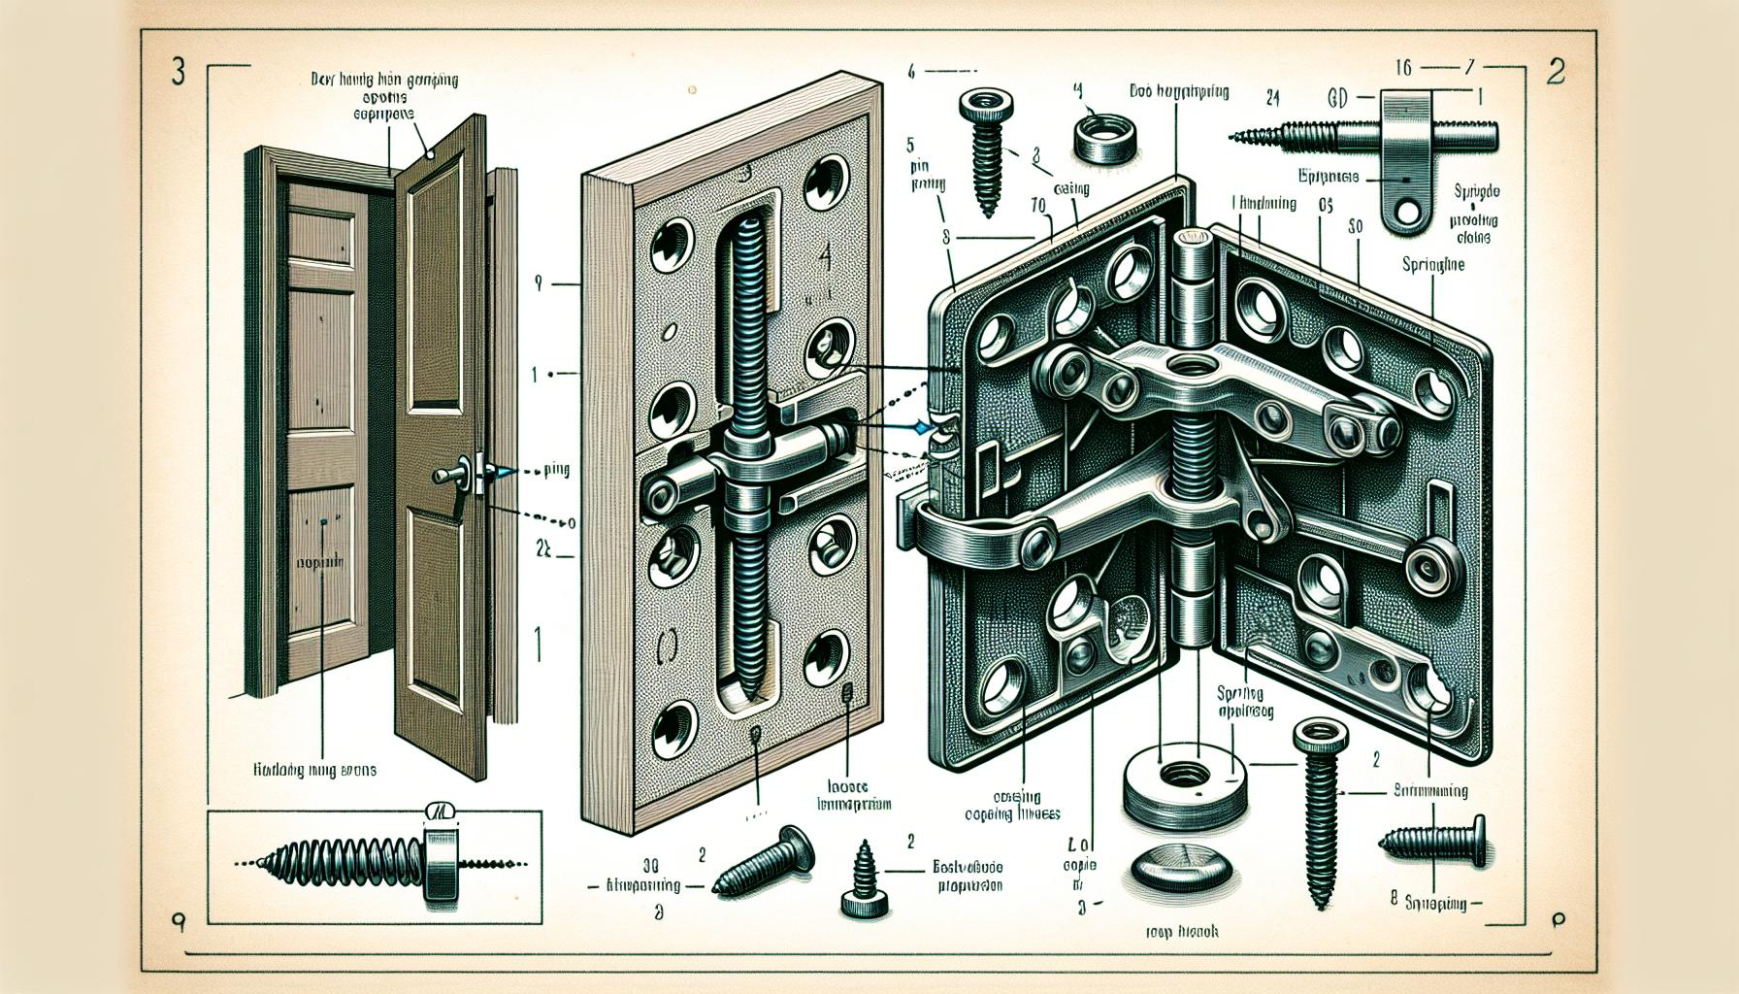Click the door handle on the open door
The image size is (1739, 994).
point(448,476)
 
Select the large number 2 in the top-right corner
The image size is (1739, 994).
point(1555,74)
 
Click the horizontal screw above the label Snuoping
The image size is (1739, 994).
point(1431,840)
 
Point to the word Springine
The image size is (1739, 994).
point(1432,263)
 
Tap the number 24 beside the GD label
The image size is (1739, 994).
point(1275,97)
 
